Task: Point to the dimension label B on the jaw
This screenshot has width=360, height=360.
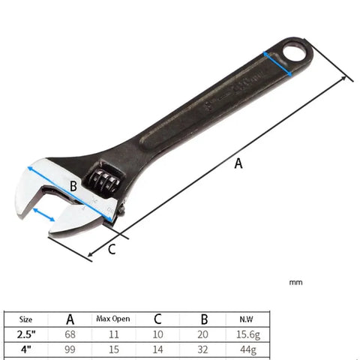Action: click(x=73, y=185)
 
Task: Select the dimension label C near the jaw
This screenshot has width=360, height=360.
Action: click(x=111, y=249)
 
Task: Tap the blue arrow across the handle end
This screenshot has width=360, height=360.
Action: click(x=277, y=64)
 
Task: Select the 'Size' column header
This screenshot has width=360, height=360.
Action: click(x=25, y=319)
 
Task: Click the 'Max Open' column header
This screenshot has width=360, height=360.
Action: click(x=114, y=319)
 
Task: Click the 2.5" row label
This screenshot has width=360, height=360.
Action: click(x=25, y=334)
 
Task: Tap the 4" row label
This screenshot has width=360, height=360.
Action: click(x=25, y=349)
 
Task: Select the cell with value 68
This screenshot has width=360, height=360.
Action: click(x=70, y=334)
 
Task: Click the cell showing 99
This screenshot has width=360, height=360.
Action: click(x=70, y=349)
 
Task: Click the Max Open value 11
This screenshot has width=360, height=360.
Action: click(x=114, y=334)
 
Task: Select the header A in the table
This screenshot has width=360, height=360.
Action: click(x=70, y=319)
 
